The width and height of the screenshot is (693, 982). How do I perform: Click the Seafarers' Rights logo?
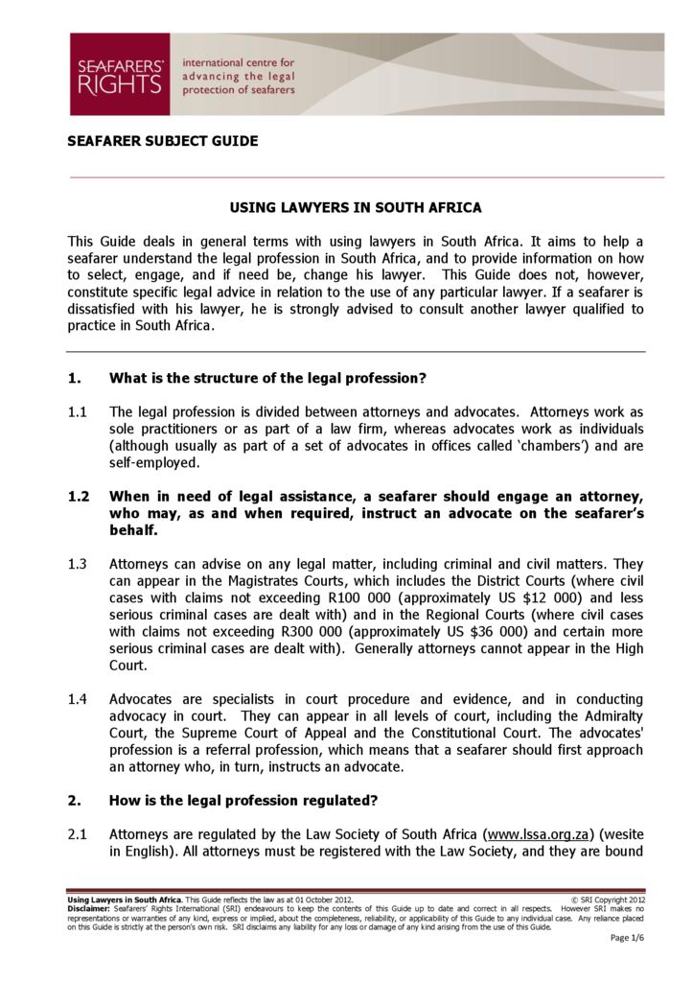pos(119,75)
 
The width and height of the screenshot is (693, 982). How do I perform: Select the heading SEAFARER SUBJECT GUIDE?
pos(162,141)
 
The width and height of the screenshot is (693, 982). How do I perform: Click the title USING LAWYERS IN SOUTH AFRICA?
pos(356,207)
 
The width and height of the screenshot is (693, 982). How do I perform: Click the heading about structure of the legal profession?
pos(267,378)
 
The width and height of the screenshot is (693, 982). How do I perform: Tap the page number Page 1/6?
pos(626,938)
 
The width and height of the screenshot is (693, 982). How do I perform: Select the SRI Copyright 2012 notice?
pos(608,900)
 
